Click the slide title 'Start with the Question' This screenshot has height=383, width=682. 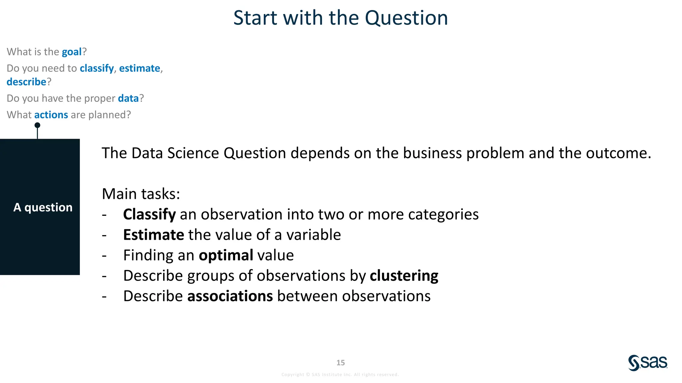tap(340, 18)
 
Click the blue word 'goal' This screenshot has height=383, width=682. tap(72, 52)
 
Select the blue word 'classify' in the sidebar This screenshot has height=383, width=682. tap(97, 68)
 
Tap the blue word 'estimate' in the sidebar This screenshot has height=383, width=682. tap(140, 68)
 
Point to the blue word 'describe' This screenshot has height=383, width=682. tap(26, 82)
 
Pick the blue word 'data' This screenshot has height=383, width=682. tap(128, 98)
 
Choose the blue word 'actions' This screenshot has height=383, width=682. tap(51, 115)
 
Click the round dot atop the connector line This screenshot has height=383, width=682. tap(37, 125)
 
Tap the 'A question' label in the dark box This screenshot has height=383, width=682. tap(43, 207)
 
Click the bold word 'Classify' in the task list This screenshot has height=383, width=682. tap(149, 214)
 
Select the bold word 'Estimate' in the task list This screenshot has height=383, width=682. tap(153, 235)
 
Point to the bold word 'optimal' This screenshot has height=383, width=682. tap(226, 255)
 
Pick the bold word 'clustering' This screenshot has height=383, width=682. tap(404, 276)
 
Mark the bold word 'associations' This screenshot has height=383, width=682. tap(230, 296)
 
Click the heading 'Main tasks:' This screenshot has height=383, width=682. tap(141, 194)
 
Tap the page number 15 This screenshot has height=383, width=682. tap(340, 363)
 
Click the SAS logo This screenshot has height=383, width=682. tap(648, 363)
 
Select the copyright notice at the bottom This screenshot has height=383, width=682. tap(340, 375)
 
